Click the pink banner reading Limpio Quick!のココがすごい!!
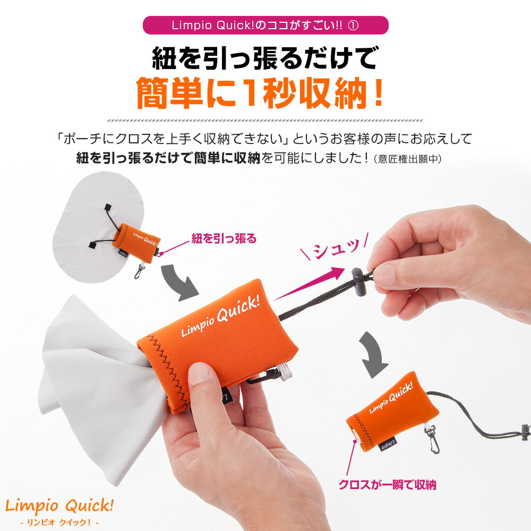[265, 25]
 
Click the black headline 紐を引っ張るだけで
[264, 58]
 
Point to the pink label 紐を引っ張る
[224, 239]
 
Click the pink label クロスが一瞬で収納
[388, 485]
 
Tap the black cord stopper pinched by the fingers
[359, 281]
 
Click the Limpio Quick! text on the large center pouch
[221, 316]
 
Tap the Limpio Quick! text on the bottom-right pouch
[391, 397]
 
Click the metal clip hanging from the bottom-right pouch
[432, 439]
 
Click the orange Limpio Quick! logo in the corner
[59, 506]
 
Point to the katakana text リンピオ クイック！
[59, 523]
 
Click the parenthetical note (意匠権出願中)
[407, 159]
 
